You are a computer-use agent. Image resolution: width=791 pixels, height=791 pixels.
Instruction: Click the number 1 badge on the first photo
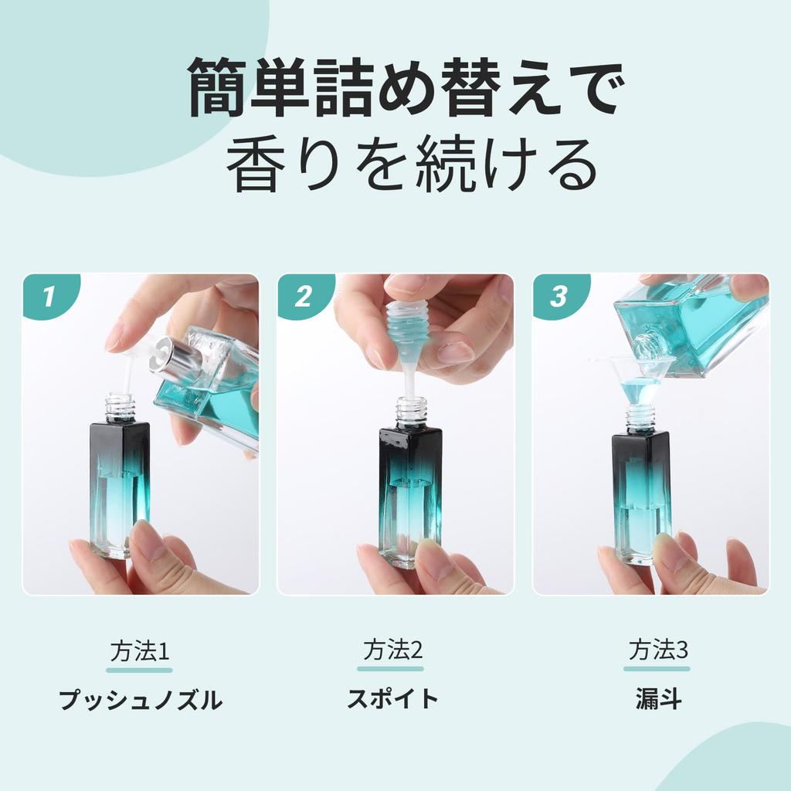pos(49,296)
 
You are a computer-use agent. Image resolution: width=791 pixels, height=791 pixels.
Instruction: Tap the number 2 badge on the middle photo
pos(303,296)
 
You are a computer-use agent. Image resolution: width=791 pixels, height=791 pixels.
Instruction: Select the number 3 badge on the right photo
pos(558,296)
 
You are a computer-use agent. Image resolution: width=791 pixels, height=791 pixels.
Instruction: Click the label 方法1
pos(140,650)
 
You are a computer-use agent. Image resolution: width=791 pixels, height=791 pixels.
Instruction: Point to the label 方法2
pos(392,650)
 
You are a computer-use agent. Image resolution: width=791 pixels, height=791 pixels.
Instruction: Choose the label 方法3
pos(658,650)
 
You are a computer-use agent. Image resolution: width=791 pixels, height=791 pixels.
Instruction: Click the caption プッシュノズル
pos(141,700)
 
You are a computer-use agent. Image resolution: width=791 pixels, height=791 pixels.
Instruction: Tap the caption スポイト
pos(392,698)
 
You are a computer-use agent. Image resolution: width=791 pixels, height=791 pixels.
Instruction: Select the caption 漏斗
pos(658,699)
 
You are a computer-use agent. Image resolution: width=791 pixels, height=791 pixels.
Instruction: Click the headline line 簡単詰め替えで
pos(406,87)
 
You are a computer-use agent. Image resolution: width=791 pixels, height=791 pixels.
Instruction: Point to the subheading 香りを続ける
pos(412,164)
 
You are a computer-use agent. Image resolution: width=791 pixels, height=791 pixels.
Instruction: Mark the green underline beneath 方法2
pos(390,669)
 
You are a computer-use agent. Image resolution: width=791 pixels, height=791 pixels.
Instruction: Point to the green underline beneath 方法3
pos(657,669)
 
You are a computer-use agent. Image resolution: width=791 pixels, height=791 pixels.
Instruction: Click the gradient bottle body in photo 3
pos(641,500)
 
